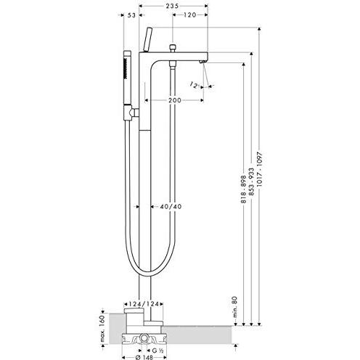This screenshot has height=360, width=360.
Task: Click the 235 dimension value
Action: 172,6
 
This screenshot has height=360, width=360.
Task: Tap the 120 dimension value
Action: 189,15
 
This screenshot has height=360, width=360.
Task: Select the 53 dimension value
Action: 131,15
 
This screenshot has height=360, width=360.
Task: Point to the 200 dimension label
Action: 175,100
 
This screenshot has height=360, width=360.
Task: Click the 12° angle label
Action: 194,85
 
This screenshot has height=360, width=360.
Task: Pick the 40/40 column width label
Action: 171,207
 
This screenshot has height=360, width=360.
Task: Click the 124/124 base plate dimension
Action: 144,304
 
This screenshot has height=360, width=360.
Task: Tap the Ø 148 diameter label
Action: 144,357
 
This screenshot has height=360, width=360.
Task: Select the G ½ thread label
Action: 158,350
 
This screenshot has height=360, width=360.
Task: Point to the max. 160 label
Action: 102,328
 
